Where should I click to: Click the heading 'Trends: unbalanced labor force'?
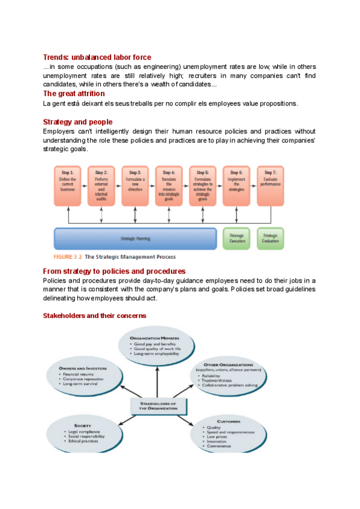coord(96,57)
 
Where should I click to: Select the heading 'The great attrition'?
coord(74,94)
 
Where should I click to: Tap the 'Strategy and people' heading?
coord(78,122)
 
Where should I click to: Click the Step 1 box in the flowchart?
coord(67,185)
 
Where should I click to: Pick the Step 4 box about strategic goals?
coord(169,185)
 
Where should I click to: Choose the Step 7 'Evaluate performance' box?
coord(271,185)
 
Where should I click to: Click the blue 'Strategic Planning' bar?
coord(135,238)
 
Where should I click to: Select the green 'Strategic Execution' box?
coord(236,238)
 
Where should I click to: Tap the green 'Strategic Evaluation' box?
coord(271,238)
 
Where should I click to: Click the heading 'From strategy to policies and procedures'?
coord(115,271)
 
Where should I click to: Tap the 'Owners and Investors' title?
coord(83,368)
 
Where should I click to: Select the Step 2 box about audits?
coord(101,185)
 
